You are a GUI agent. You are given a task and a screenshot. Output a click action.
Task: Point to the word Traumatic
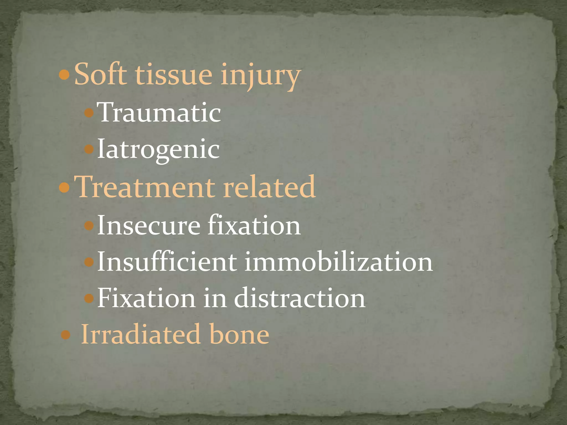[x=160, y=113]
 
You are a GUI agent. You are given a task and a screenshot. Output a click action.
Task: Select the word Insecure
[x=149, y=226]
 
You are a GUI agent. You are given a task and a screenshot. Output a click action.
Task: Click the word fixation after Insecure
[x=254, y=226]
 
